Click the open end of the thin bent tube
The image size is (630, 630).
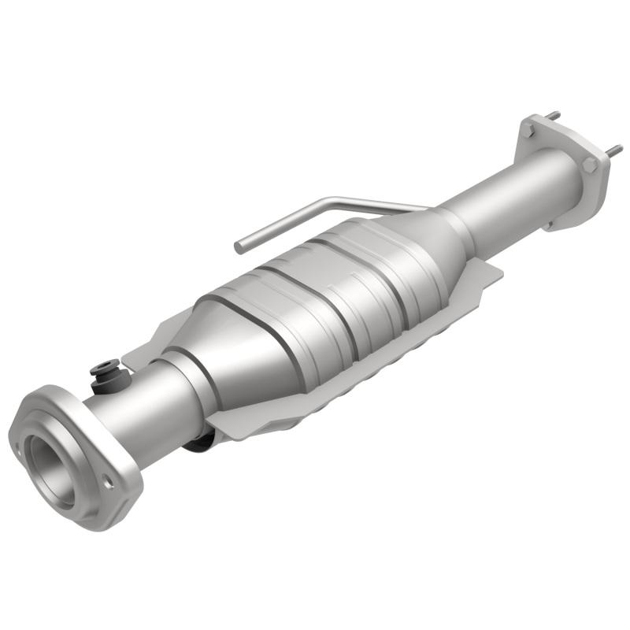tap(239, 247)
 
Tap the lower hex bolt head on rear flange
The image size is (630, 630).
tap(589, 165)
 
